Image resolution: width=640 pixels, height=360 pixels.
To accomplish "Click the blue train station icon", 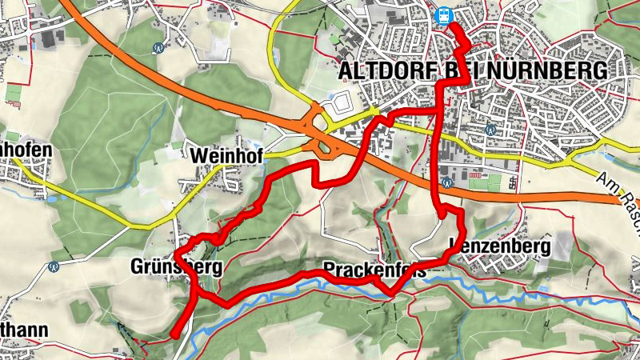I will (442, 15).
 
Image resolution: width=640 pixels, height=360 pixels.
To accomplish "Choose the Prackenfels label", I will (373, 267).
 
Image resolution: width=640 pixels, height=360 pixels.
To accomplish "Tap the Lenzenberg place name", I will (501, 246).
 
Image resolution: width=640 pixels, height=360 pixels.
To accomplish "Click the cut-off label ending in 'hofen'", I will (26, 150).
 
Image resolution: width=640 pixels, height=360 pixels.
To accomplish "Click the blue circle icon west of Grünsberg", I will (54, 266).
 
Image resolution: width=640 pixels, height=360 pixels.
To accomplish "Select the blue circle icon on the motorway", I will (447, 182).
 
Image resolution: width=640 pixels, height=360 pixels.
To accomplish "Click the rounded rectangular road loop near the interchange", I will (340, 102).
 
